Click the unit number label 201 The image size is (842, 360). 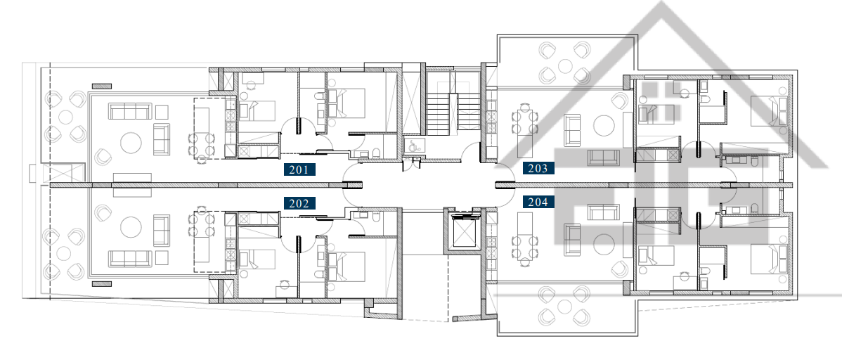[299, 169]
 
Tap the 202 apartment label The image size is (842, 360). [299, 203]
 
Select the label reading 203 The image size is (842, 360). [538, 168]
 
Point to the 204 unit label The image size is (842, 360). [538, 202]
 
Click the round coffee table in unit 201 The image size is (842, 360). [131, 143]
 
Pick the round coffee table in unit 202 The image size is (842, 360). [131, 227]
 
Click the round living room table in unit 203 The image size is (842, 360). [604, 125]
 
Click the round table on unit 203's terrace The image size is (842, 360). [565, 66]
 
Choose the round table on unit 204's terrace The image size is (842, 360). [565, 307]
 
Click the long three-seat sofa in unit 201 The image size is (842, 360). [130, 111]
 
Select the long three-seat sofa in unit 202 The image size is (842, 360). [130, 259]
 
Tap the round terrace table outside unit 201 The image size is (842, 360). [65, 116]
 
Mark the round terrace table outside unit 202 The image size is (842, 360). [64, 254]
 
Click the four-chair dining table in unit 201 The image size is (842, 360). [202, 143]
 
